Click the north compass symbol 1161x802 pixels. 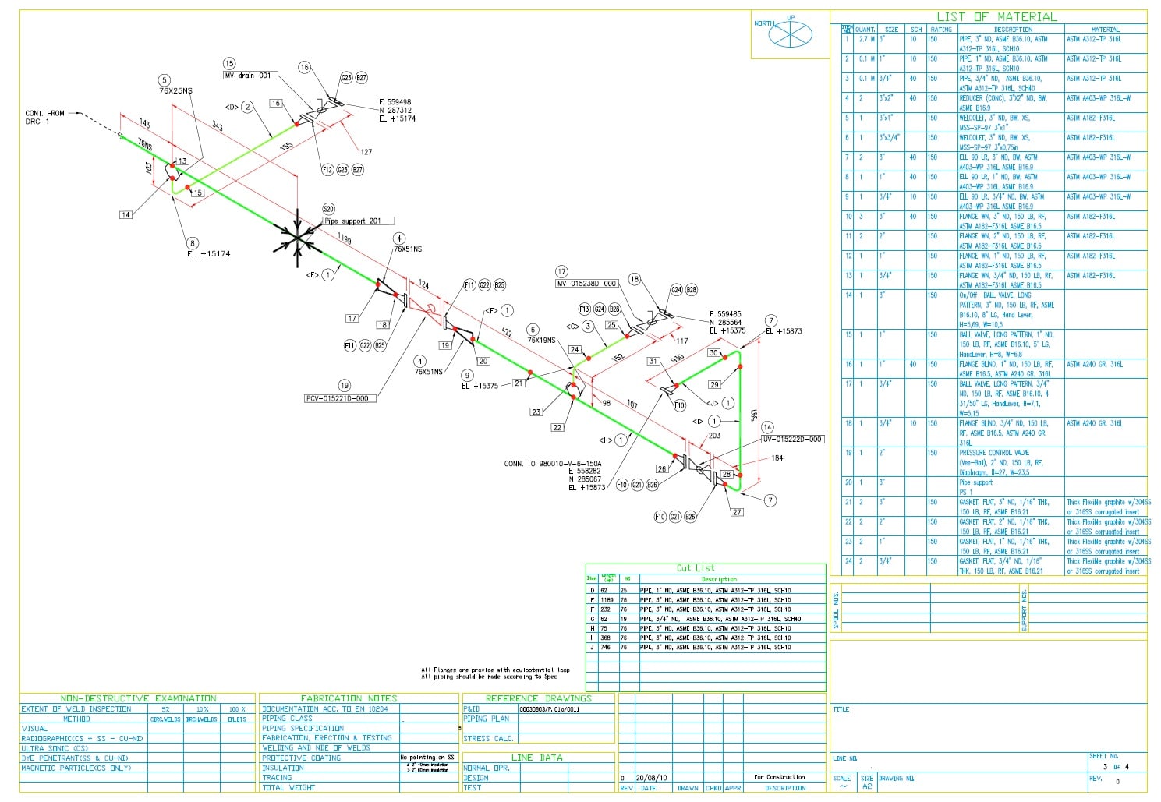click(790, 35)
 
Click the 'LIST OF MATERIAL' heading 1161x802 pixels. click(996, 17)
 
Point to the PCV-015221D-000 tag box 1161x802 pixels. click(340, 398)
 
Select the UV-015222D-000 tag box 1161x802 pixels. click(792, 440)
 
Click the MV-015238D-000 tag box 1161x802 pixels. click(586, 284)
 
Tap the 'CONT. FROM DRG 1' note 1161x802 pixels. click(45, 118)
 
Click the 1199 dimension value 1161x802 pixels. click(345, 238)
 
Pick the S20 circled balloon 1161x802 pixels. click(328, 209)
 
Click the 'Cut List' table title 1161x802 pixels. click(696, 568)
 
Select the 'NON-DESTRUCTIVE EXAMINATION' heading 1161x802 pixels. click(138, 698)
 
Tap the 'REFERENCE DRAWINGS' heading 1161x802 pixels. click(538, 698)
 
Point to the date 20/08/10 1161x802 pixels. click(652, 778)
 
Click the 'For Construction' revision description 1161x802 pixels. click(779, 777)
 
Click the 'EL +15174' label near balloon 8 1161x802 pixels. click(208, 254)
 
